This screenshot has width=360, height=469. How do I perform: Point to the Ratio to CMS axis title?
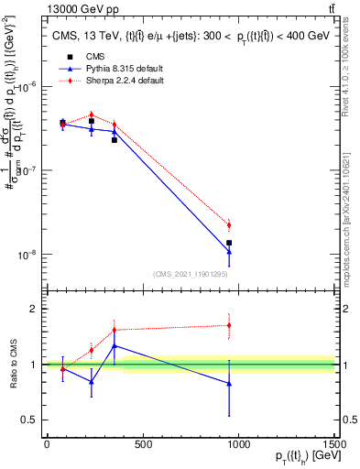click(x=12, y=365)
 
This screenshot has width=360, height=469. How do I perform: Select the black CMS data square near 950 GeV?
click(x=229, y=243)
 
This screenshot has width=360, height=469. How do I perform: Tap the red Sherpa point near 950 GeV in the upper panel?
click(x=229, y=224)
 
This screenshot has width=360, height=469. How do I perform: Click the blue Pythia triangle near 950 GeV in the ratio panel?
click(x=229, y=384)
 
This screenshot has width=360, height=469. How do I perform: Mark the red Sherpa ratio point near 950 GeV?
click(x=229, y=325)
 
